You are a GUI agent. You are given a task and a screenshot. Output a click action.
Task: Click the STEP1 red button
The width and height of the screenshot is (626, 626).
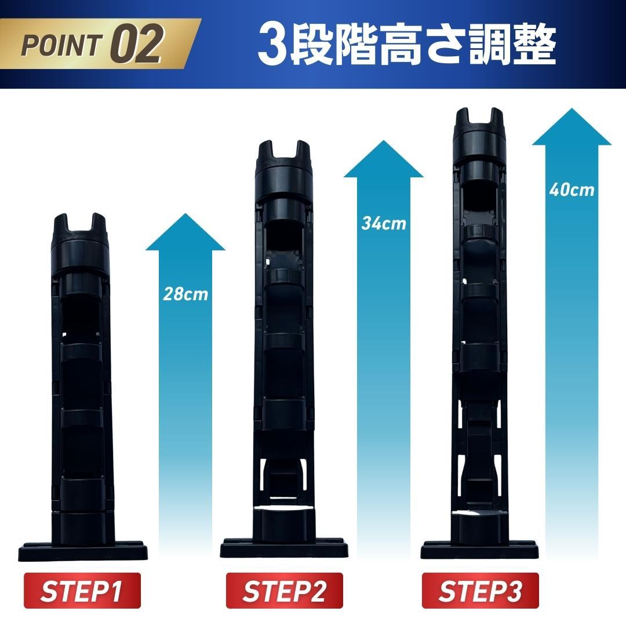point(82,591)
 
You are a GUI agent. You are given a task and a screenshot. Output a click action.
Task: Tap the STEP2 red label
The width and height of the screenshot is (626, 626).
point(284,591)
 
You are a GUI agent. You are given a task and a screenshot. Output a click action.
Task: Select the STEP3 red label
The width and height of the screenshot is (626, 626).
point(481,591)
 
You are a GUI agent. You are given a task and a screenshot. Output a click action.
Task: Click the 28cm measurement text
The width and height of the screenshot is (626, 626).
point(185,294)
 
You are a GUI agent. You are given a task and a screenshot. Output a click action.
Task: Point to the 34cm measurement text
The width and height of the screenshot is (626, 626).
point(384,223)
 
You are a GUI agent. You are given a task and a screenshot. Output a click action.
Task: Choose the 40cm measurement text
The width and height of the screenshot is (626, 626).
point(572,190)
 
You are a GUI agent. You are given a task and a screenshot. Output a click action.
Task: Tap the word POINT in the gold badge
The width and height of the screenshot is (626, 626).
point(60,45)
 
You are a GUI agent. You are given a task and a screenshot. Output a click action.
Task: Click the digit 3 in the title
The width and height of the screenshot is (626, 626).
point(272,45)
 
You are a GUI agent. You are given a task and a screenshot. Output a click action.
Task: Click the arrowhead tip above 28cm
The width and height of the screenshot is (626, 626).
point(185,213)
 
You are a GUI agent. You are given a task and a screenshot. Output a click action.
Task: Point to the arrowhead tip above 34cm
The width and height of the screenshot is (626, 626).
point(383,140)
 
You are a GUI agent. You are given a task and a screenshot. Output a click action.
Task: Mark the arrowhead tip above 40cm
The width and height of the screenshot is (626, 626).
point(572,108)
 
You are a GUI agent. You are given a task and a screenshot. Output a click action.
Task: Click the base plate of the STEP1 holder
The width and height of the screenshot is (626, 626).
point(83,551)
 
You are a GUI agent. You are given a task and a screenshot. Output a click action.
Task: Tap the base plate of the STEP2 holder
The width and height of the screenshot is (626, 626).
point(284,548)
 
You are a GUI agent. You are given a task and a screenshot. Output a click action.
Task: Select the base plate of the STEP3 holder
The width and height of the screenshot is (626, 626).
point(479,550)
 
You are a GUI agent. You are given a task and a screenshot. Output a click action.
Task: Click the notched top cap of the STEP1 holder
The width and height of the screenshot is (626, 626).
point(80,244)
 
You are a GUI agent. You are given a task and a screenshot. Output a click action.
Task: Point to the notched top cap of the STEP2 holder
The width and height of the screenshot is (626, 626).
point(284,171)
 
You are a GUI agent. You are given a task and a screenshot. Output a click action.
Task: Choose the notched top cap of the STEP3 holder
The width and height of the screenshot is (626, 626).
point(479,136)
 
